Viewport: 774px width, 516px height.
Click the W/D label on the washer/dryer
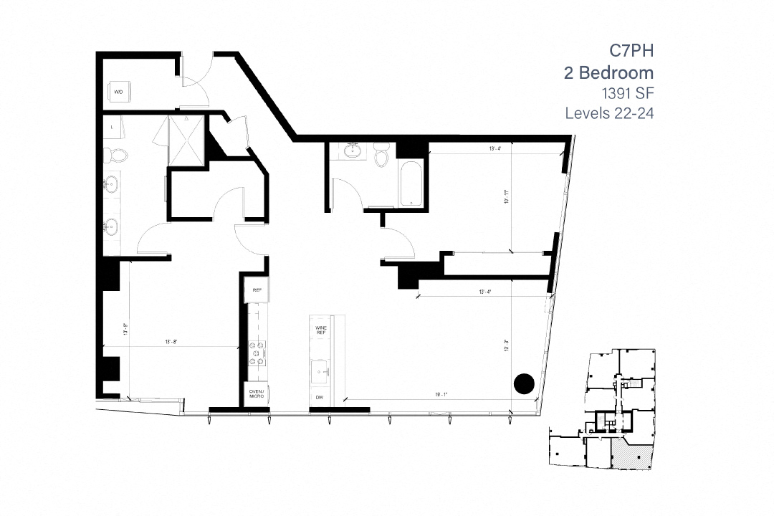[118, 92]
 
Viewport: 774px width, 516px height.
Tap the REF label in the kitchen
[257, 291]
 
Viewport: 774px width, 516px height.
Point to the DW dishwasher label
[320, 397]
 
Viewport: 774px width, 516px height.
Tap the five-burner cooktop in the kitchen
[257, 353]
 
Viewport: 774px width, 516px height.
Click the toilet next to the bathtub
[381, 154]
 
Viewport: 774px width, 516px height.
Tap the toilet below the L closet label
[116, 153]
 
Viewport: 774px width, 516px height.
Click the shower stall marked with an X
[186, 140]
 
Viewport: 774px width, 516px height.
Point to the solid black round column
[525, 383]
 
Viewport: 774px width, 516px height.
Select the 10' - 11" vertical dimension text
[506, 196]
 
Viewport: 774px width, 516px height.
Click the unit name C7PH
[631, 51]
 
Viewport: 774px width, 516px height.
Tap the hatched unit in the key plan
[631, 455]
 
